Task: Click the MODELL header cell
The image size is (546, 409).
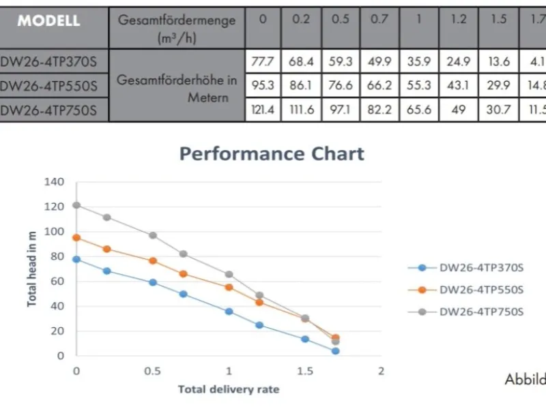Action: coord(49,20)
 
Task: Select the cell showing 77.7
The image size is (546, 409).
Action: coord(263,62)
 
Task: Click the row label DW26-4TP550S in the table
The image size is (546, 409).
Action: coord(49,86)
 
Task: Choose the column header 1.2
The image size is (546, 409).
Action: coord(459,20)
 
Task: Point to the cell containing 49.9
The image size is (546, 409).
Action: coord(379,62)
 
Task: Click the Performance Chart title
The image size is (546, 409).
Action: coord(272,153)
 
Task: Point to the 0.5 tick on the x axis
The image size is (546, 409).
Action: coord(153,372)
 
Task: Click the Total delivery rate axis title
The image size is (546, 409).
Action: coord(229,390)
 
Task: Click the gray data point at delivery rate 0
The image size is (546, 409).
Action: coord(76,205)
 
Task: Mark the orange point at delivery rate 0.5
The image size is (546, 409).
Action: coord(153,261)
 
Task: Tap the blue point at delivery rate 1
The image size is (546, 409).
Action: coord(229,312)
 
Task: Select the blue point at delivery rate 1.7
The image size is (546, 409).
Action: coord(336,351)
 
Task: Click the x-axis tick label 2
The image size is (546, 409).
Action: coord(382,372)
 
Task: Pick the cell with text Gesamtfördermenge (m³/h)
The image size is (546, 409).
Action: coord(177,27)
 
